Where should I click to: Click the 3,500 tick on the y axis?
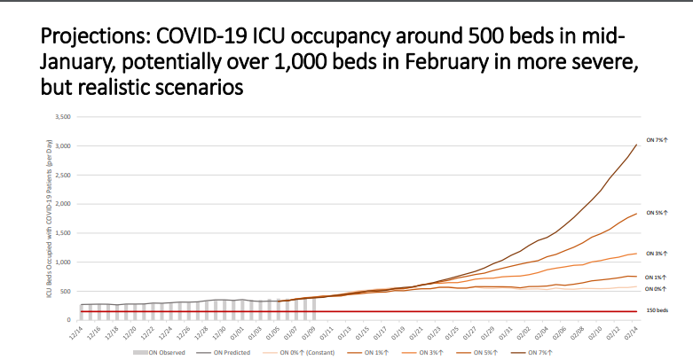[x=61, y=117]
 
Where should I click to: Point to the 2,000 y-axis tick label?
[x=61, y=204]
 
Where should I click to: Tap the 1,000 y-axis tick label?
[x=61, y=262]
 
